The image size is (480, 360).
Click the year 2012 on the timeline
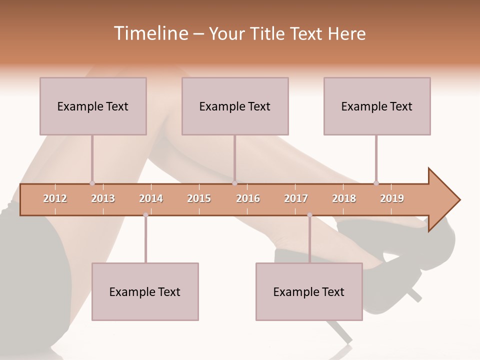coord(55,198)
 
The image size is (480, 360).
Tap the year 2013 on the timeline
coord(103,198)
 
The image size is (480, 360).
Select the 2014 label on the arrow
coord(151,198)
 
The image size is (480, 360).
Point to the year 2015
coord(199,198)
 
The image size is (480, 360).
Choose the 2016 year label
coord(248,198)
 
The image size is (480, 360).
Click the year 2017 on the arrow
coord(296,198)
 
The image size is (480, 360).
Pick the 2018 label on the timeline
coord(344,198)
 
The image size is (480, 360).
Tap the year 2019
coord(392,198)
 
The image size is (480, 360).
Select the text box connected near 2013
coord(93,106)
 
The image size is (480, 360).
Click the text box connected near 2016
coord(235,106)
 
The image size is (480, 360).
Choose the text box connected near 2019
coord(377,106)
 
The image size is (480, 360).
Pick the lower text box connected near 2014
coord(145,291)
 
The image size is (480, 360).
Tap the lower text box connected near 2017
coord(309,291)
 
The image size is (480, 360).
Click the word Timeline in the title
coord(150,33)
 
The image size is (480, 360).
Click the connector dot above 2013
coord(92,183)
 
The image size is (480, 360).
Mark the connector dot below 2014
coord(145,215)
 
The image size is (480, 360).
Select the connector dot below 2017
coord(309,215)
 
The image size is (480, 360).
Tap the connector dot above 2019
coord(376,183)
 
